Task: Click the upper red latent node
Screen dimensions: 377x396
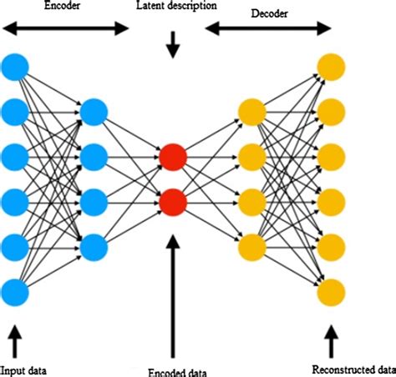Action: point(172,156)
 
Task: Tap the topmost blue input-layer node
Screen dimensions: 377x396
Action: point(16,65)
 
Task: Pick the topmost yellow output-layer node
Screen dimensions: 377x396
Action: point(331,65)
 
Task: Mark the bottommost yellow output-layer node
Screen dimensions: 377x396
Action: point(331,291)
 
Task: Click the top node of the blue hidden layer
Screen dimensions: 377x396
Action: point(94,110)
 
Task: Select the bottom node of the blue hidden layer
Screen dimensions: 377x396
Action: point(94,246)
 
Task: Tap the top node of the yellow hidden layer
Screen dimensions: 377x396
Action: point(251,110)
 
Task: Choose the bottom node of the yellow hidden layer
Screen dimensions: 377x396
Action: point(251,246)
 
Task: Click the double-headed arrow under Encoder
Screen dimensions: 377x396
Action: point(66,29)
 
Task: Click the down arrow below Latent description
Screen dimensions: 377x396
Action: point(173,47)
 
